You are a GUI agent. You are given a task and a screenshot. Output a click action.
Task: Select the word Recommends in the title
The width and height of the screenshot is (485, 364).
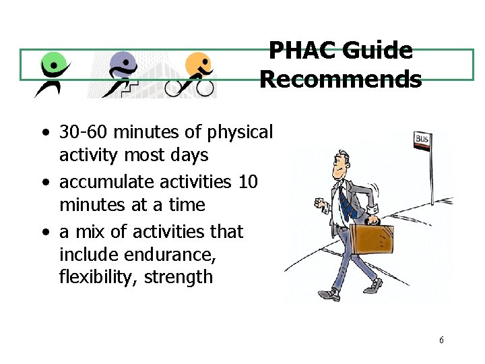[341, 80]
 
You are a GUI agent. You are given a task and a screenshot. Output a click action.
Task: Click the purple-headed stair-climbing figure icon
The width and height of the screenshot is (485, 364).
[121, 73]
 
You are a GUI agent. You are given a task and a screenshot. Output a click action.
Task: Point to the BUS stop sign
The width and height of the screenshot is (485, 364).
[422, 140]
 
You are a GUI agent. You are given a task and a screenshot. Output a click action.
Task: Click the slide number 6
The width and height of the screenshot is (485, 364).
[441, 340]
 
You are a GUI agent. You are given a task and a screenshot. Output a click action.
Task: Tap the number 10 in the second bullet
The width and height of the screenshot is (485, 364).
[247, 182]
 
